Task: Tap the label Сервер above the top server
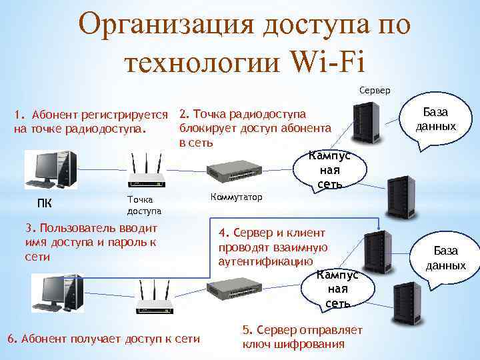point(375,89)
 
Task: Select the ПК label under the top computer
point(44,203)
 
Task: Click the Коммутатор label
point(236,197)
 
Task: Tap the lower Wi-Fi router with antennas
point(155,297)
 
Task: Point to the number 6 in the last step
point(10,339)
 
